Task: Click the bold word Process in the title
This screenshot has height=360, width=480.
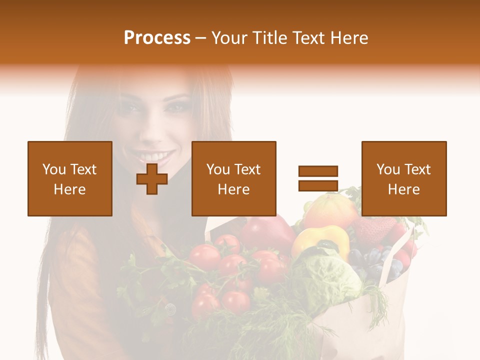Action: tap(157, 37)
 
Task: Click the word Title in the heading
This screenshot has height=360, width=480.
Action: tap(271, 38)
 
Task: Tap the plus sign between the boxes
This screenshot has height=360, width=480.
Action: tap(152, 179)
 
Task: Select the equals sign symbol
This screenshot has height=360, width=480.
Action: tap(318, 178)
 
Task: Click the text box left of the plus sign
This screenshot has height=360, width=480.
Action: tap(69, 178)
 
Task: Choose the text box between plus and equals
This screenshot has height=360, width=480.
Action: tap(233, 178)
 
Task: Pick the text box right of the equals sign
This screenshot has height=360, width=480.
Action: tap(403, 178)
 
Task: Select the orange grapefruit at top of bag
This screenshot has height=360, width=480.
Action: tap(330, 210)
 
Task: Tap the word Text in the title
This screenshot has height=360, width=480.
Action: tap(312, 38)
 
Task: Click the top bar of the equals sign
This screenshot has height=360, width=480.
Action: tap(318, 171)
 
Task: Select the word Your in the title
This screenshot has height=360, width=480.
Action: tap(229, 38)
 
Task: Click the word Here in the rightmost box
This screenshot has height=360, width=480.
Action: tap(403, 189)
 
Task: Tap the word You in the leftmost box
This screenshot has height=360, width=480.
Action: tap(54, 169)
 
